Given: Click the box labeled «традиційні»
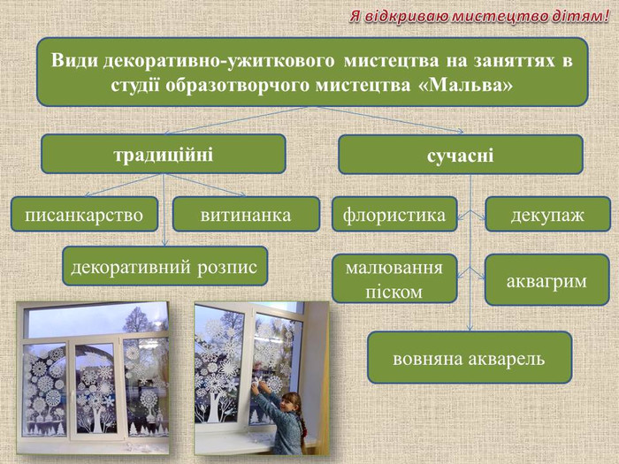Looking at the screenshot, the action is tap(164, 154).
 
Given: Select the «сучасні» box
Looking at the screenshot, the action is tap(461, 155).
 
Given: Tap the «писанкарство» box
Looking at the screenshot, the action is tap(84, 214).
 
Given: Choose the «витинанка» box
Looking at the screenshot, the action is tap(246, 214).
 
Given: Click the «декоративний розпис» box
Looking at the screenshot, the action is tap(165, 266).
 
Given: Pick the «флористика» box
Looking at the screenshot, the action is tap(394, 214).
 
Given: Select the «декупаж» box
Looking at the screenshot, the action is tap(547, 214).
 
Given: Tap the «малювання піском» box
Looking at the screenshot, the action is tap(394, 278).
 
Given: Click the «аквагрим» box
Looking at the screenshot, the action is tap(547, 280).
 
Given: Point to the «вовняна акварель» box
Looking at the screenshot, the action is tap(470, 357).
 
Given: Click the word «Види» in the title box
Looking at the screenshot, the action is tap(74, 60).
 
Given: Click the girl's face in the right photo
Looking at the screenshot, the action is tap(287, 402).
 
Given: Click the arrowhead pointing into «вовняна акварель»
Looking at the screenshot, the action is tap(470, 328).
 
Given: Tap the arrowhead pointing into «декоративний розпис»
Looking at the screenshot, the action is tap(165, 242).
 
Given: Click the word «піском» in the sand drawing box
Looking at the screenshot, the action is tap(394, 293).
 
